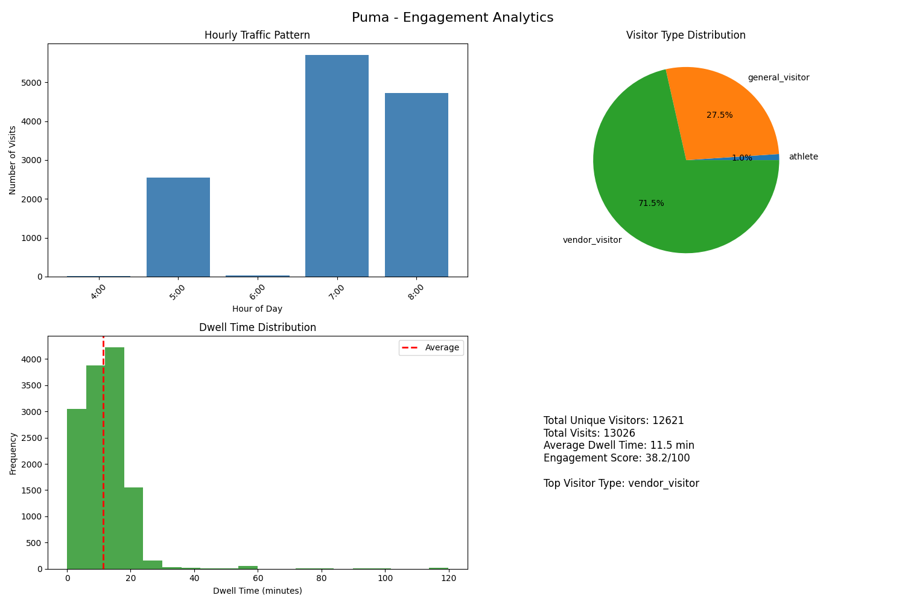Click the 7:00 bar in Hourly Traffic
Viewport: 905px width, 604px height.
tap(337, 166)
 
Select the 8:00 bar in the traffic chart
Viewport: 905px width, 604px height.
tap(416, 185)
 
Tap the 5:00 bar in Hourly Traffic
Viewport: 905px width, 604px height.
tap(178, 227)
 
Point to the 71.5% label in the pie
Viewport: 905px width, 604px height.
tap(651, 204)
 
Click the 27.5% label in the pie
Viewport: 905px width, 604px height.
tap(719, 115)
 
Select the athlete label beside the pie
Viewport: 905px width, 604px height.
tap(803, 157)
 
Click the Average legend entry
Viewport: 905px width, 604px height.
tap(442, 347)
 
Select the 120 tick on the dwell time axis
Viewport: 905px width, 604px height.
tap(448, 579)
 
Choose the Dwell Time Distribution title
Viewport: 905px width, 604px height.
tap(258, 327)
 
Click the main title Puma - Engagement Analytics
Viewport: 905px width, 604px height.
tap(453, 18)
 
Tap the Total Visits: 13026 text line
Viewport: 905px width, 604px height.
tap(589, 433)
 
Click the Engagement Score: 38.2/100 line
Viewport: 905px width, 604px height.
tap(616, 458)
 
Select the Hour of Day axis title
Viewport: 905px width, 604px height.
tap(257, 309)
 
